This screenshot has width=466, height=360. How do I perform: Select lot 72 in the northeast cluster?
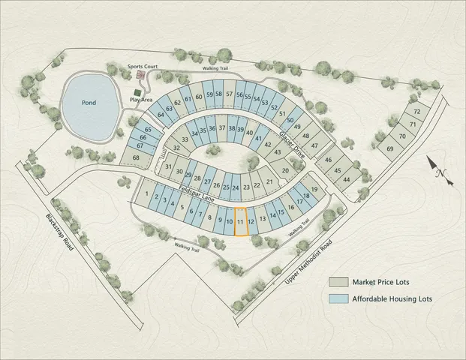(417, 112)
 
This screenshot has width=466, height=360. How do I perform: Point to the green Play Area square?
(136, 91)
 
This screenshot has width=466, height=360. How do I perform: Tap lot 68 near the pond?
(136, 157)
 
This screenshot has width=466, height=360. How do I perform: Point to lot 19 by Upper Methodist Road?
(314, 190)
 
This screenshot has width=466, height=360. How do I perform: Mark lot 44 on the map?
(346, 179)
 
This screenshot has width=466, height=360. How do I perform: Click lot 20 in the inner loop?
(284, 171)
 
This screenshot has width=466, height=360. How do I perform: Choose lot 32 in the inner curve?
(177, 148)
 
